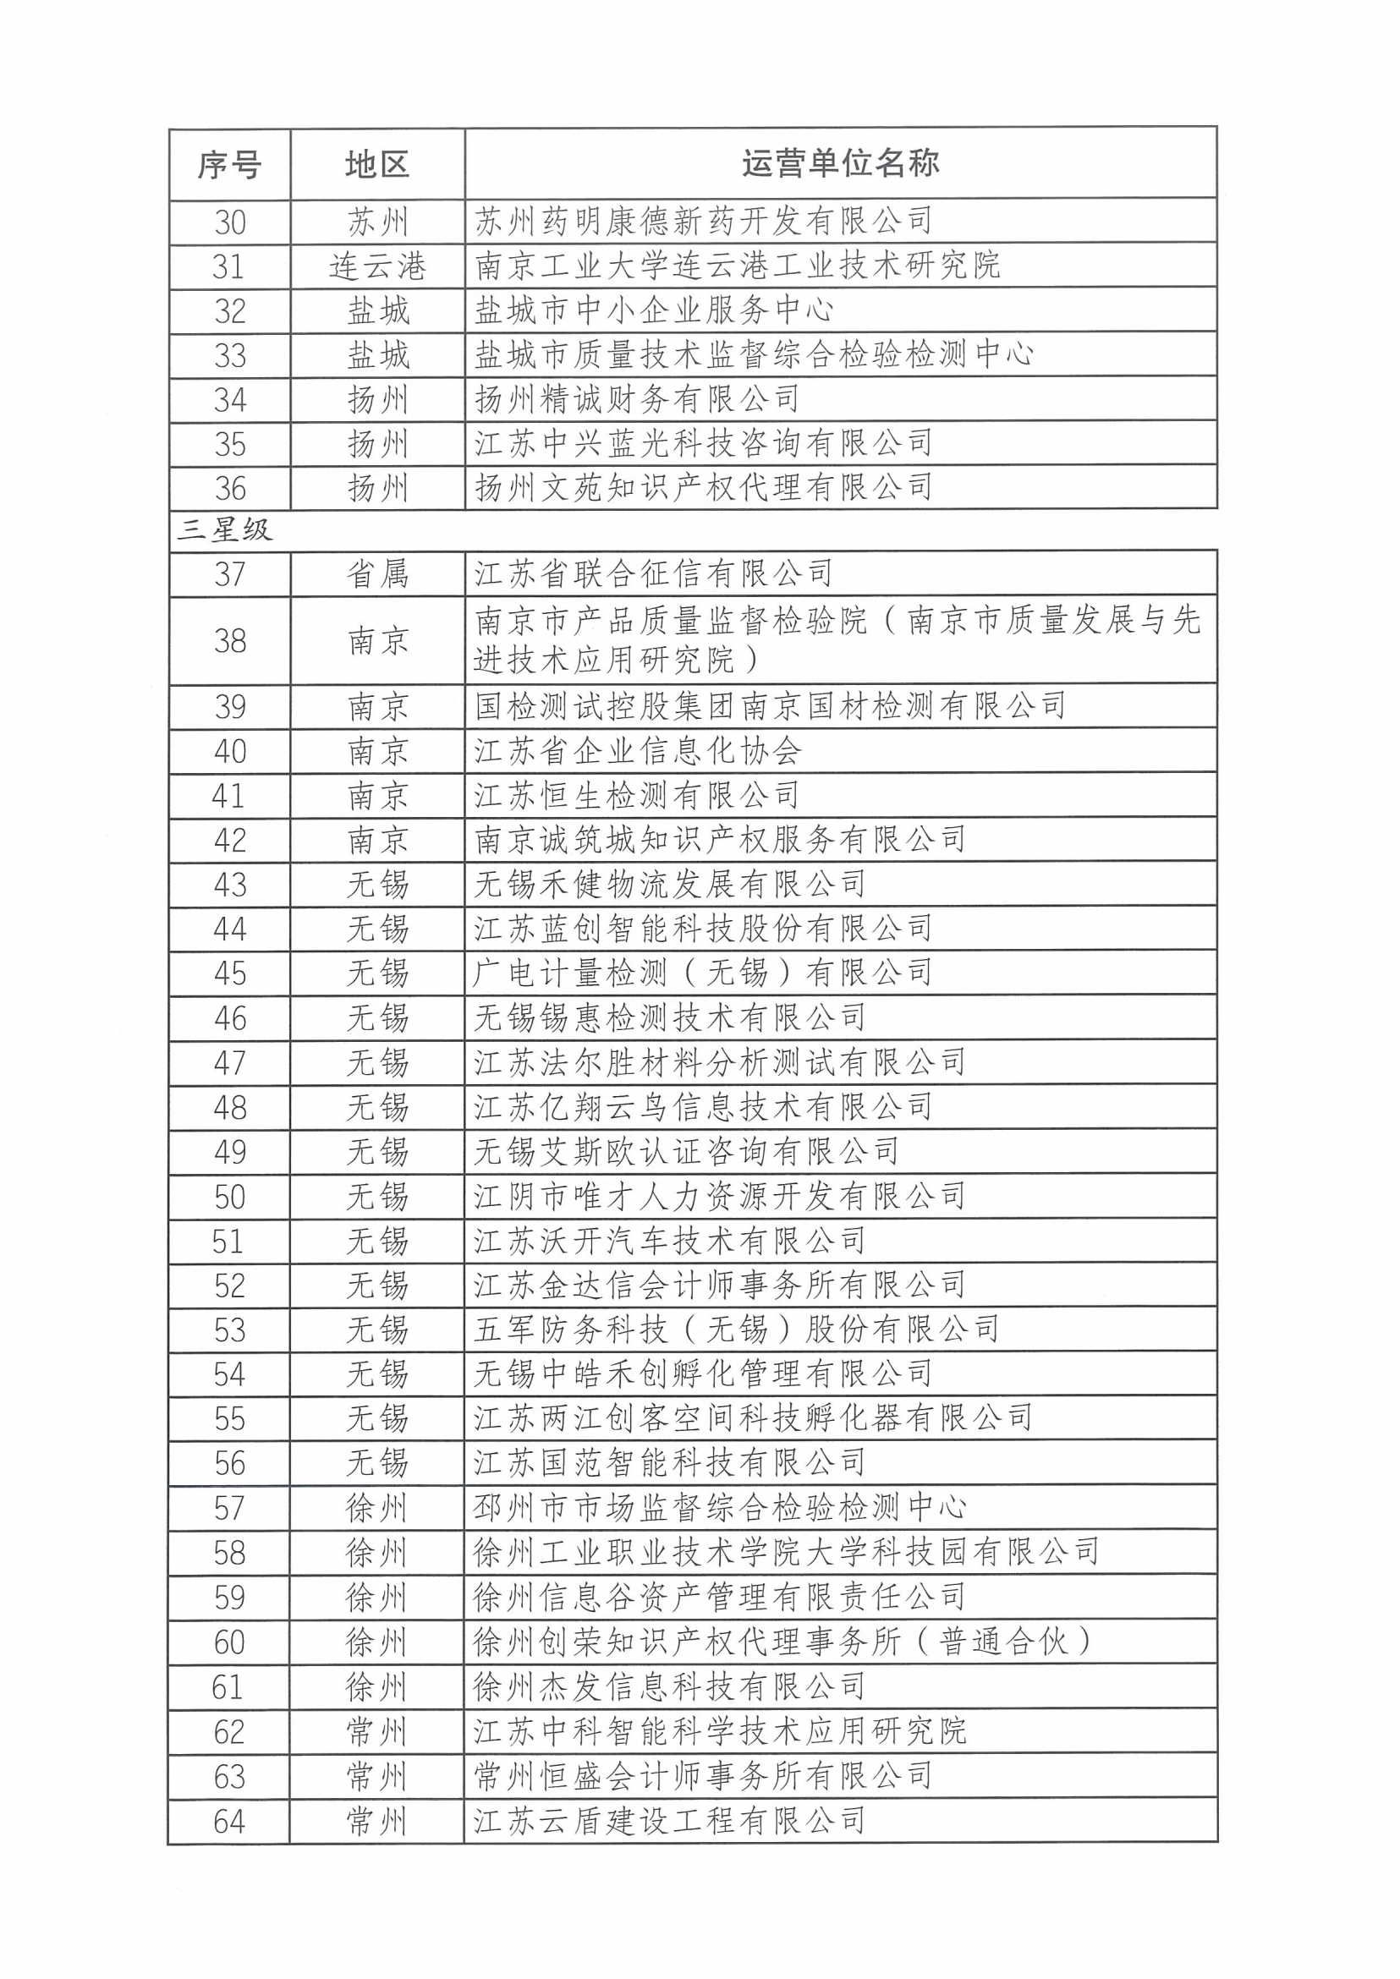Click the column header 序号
229,165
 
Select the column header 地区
376,165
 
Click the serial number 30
229,223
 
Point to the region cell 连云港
376,267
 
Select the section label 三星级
225,529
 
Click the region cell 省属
376,574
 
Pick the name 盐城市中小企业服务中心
653,310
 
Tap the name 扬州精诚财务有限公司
637,399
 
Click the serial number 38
229,641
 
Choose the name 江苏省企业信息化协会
637,752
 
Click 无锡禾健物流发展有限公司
670,885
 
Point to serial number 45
229,974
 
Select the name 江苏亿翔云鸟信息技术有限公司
703,1108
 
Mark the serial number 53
229,1330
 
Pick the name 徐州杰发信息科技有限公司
670,1686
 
